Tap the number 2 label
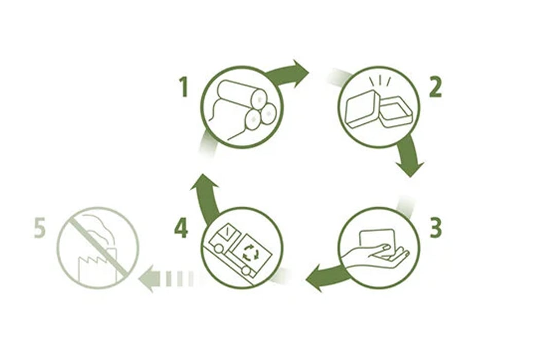click(435, 87)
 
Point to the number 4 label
click(181, 228)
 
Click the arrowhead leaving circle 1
click(300, 73)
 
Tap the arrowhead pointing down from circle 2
click(410, 168)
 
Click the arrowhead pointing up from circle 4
click(204, 183)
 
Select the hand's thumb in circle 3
click(382, 247)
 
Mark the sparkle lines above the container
click(380, 82)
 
